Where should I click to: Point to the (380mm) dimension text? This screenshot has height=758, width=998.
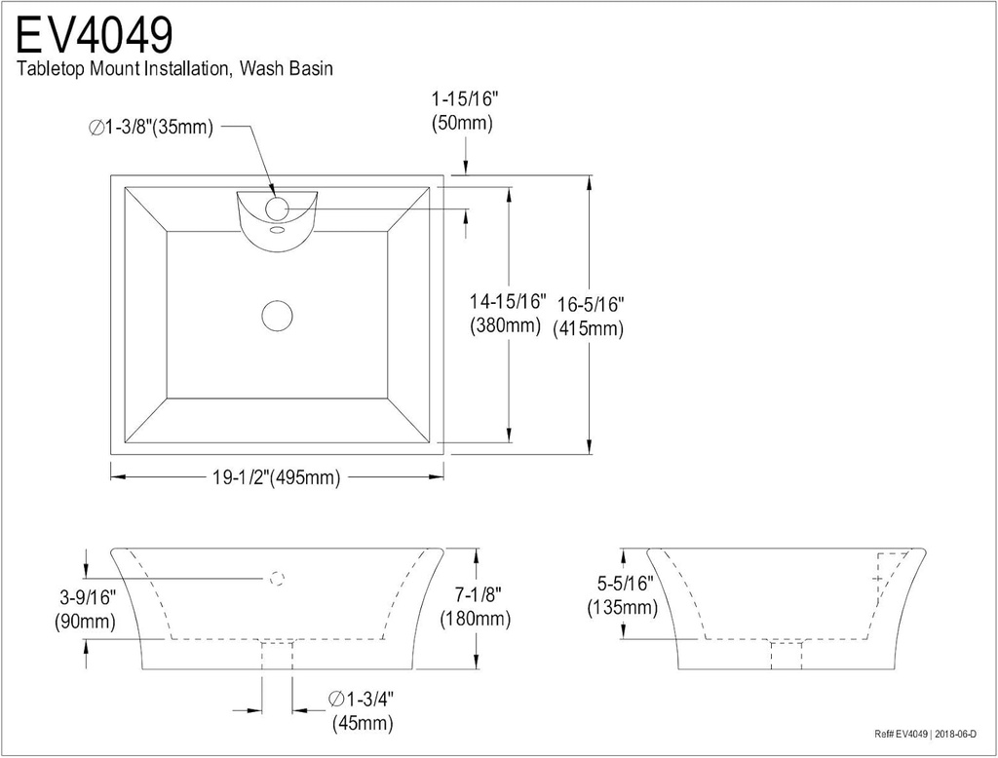pyautogui.click(x=505, y=326)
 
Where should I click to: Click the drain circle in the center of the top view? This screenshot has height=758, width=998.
pyautogui.click(x=278, y=316)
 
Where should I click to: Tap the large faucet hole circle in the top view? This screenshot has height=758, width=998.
pyautogui.click(x=277, y=208)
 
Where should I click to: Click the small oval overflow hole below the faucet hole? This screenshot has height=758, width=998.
pyautogui.click(x=277, y=231)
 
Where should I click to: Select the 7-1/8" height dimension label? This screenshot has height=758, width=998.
pyautogui.click(x=476, y=594)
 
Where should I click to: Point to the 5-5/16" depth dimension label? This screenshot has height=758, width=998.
pyautogui.click(x=624, y=584)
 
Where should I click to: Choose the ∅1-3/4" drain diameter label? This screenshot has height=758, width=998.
pyautogui.click(x=362, y=699)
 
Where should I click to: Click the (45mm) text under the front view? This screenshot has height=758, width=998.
pyautogui.click(x=363, y=723)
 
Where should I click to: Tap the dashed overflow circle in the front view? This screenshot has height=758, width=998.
pyautogui.click(x=276, y=579)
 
